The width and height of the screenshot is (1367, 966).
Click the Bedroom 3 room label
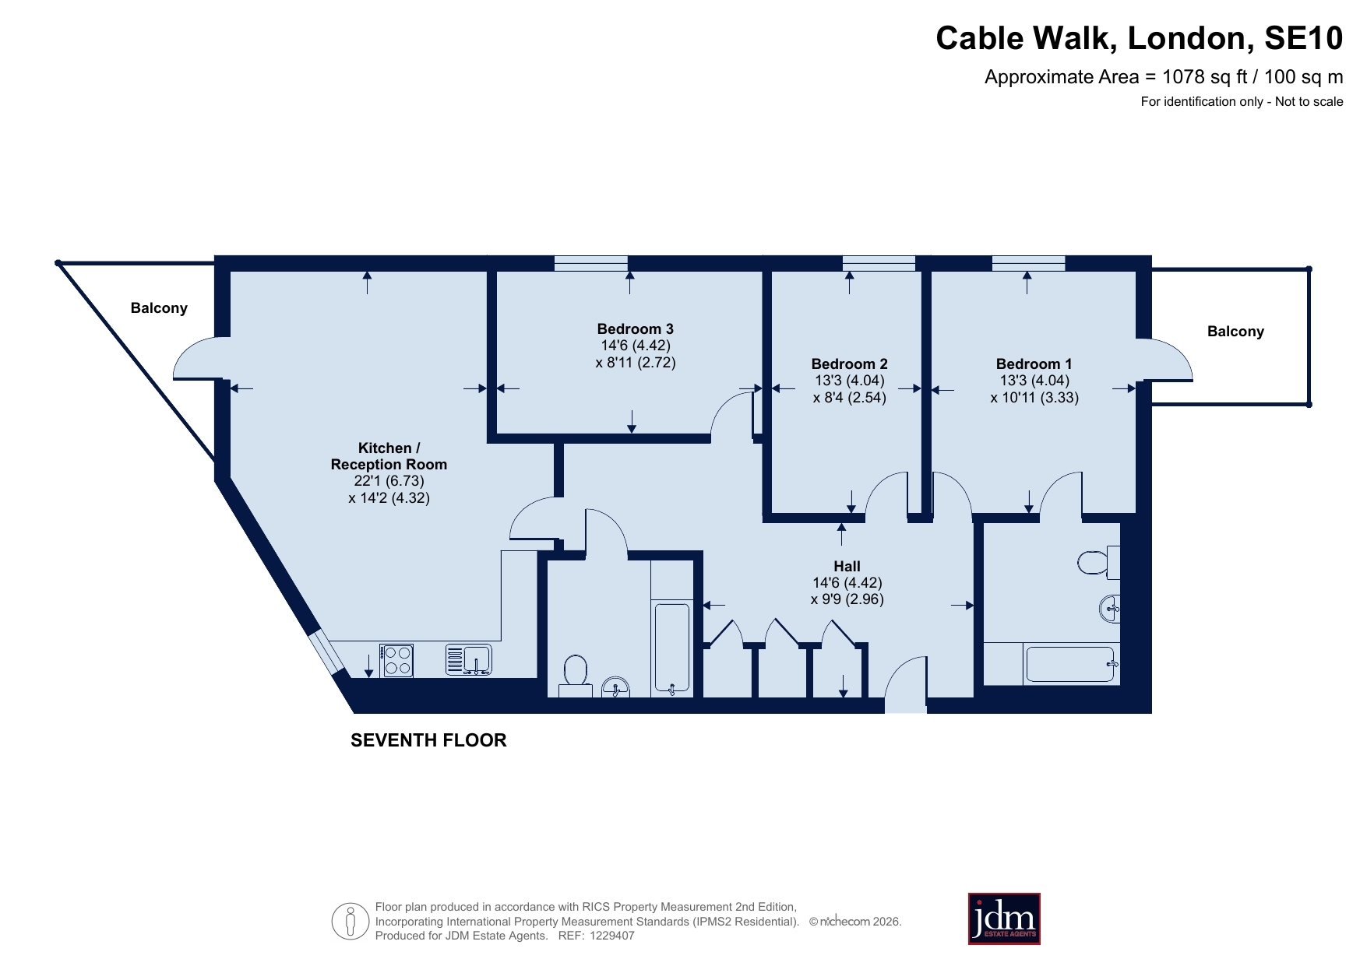(635, 329)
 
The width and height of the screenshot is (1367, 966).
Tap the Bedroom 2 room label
(849, 364)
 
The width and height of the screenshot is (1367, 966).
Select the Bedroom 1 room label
(1034, 364)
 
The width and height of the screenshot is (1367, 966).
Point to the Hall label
(847, 567)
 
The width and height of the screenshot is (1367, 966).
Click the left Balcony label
(159, 308)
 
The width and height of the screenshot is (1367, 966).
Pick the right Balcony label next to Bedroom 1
(1235, 332)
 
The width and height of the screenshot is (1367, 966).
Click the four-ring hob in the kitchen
(396, 661)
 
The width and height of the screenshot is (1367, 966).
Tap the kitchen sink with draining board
(468, 659)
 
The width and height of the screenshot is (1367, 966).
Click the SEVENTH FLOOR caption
(428, 740)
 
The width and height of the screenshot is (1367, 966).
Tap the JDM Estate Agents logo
(1004, 919)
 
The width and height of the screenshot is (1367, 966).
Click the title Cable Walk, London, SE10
(1139, 38)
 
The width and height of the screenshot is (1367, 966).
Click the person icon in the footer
(351, 922)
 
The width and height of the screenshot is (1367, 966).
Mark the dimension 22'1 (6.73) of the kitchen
(389, 481)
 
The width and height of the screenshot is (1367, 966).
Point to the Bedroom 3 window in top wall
(591, 263)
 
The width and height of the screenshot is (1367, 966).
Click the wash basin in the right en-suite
(1111, 608)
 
